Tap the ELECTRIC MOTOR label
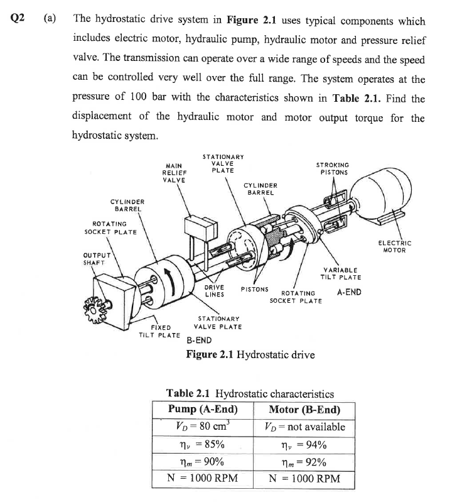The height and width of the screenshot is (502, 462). tap(395, 246)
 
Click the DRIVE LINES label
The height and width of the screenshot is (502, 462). tap(215, 292)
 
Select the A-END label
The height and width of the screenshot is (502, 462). tap(349, 292)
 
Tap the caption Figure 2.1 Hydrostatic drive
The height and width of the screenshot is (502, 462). tap(250, 354)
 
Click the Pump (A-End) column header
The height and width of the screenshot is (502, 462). tap(203, 410)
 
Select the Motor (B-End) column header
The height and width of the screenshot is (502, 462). tap(304, 410)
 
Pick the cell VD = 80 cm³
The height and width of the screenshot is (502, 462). tap(203, 427)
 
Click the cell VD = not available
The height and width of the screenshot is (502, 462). tap(304, 427)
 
